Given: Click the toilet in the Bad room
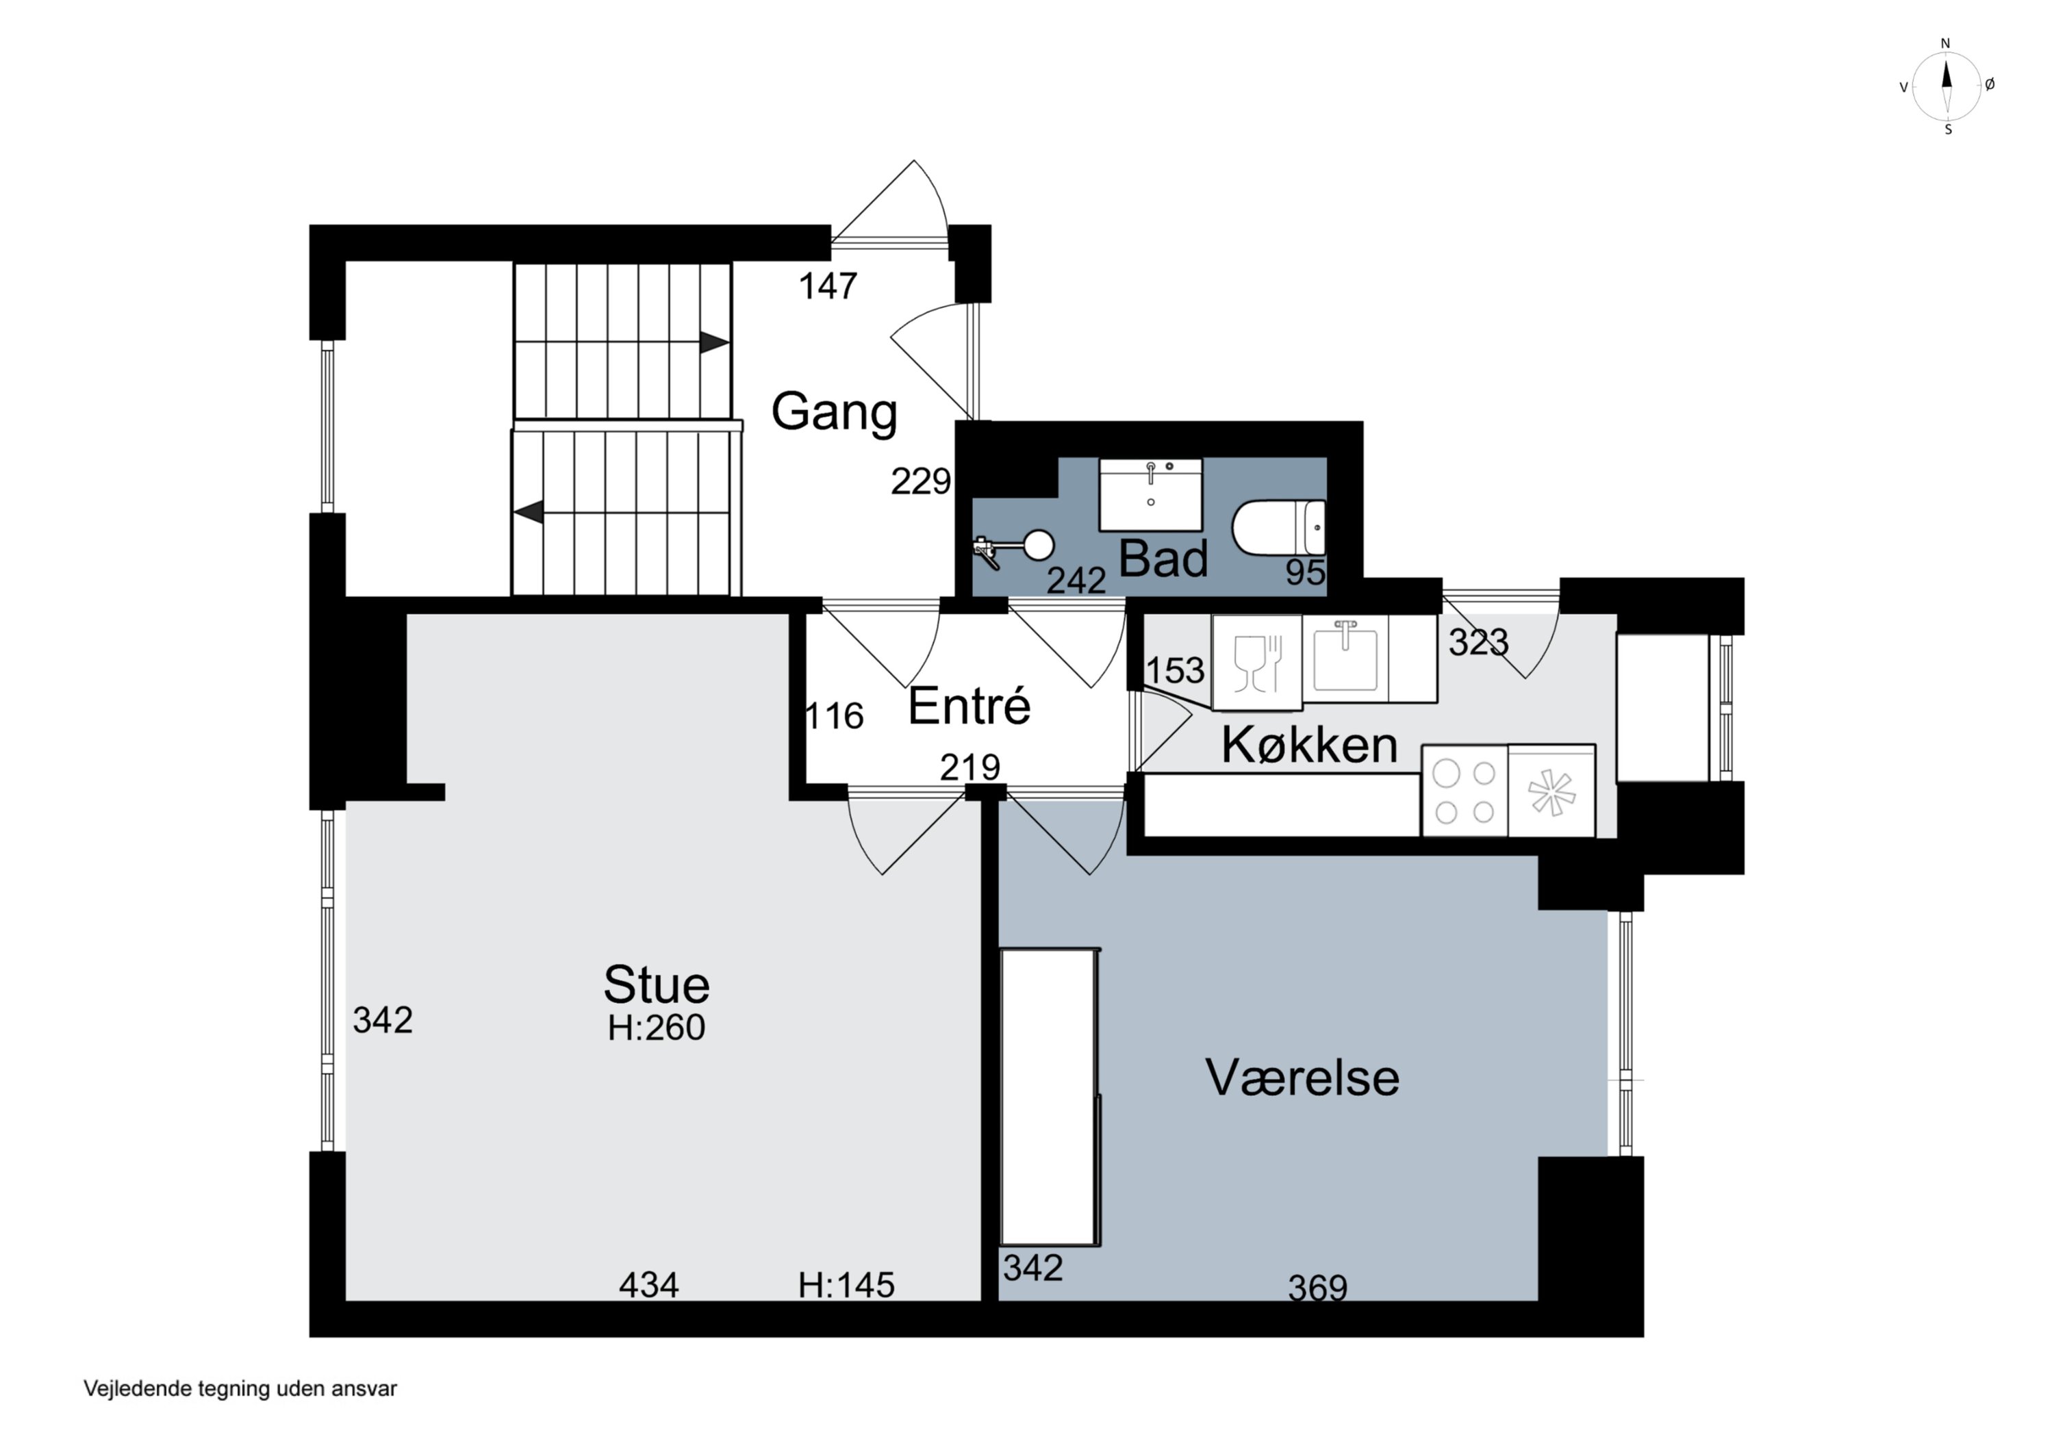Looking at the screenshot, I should click(1278, 528).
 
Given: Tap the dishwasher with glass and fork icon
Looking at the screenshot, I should click(1256, 663).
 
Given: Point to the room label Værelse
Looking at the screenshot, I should click(1302, 1077).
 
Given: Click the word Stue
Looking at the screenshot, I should click(656, 985).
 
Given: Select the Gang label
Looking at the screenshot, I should click(834, 411).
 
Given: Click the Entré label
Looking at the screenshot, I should click(969, 706).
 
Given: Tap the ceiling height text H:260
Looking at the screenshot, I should click(656, 1027).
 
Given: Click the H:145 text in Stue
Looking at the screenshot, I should click(846, 1286).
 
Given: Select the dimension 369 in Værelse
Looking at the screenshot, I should click(1317, 1288).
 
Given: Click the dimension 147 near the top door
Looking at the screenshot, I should click(828, 286).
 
